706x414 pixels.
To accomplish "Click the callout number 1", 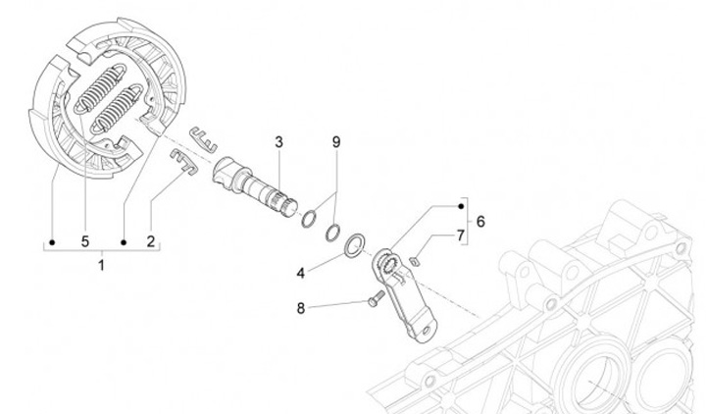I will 104,265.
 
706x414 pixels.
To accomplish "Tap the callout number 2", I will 151,240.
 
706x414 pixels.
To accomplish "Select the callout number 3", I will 278,142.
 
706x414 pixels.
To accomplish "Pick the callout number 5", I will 84,240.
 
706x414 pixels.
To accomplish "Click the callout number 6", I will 480,222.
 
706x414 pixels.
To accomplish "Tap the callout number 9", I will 335,142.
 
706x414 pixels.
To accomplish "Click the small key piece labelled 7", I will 415,260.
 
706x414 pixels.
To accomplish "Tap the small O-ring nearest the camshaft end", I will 307,219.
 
